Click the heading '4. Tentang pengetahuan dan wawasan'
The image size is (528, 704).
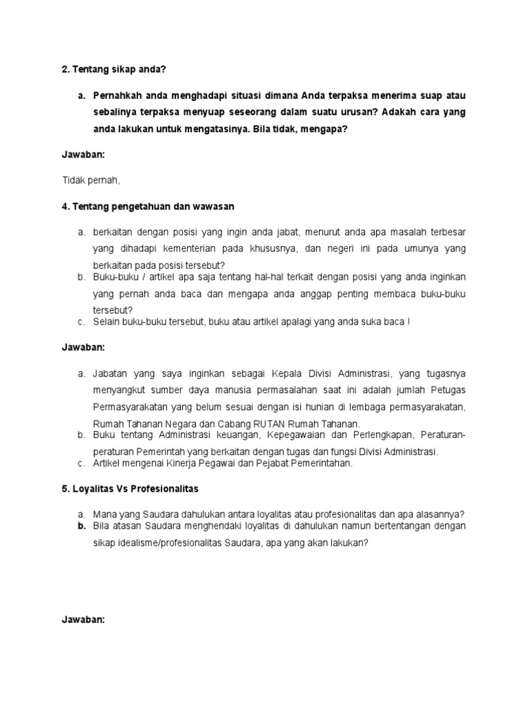coord(147,206)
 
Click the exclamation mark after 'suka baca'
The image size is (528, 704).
coord(408,322)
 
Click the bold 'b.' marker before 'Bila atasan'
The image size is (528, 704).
coord(80,526)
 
